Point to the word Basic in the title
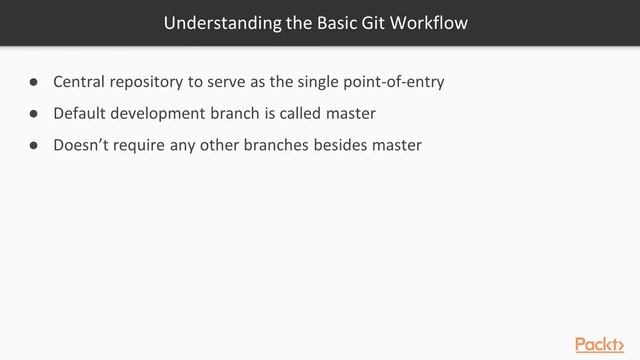point(341,22)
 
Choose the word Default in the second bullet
point(80,113)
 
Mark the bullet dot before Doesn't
point(34,145)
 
